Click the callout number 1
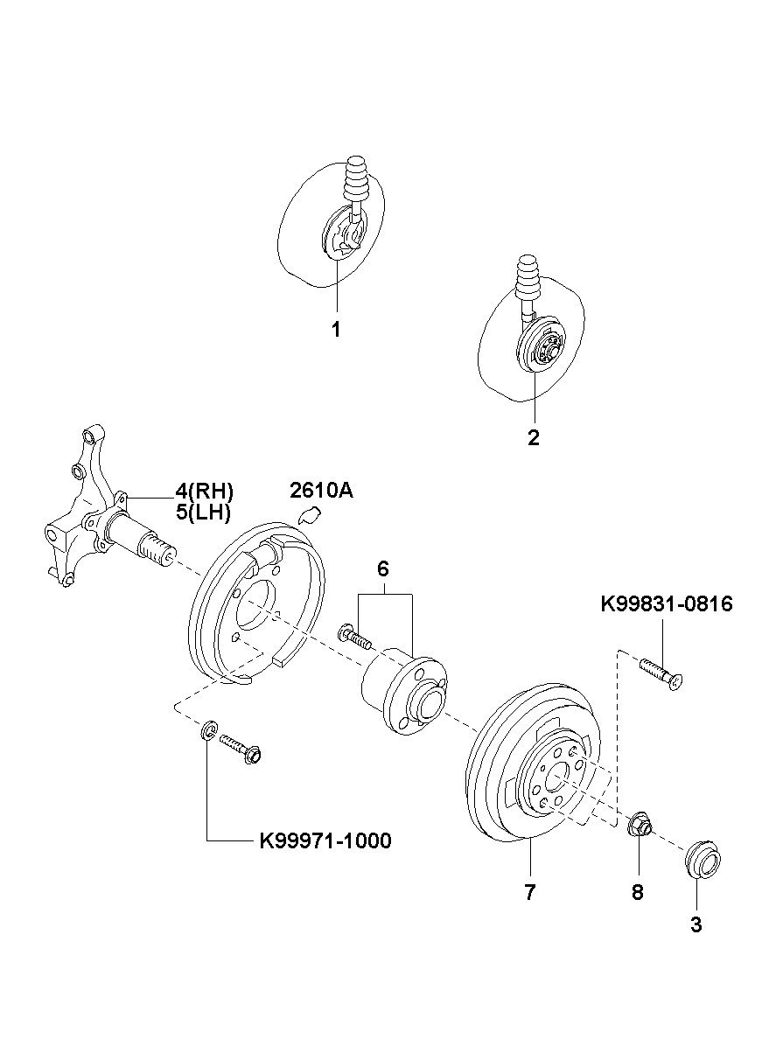336,330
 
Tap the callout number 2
534,437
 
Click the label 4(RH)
205,492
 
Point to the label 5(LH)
204,513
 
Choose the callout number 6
383,569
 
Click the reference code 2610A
321,492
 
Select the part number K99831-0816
667,604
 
